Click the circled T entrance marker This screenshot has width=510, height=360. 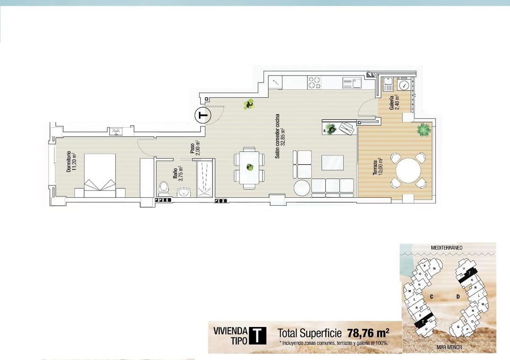click(203, 115)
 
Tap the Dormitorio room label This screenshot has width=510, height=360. click(71, 162)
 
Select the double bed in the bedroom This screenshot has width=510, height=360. click(100, 175)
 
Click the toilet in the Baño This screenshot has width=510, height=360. click(164, 187)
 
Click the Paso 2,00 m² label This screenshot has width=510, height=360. click(194, 148)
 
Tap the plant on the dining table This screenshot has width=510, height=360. click(249, 166)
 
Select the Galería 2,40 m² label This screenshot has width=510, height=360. click(394, 102)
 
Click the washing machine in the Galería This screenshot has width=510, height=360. click(404, 85)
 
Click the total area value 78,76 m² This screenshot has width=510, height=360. click(368, 332)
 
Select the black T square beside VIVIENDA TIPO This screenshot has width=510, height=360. click(257, 335)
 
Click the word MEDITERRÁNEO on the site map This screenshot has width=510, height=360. click(446, 247)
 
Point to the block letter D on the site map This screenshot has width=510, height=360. click(458, 296)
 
